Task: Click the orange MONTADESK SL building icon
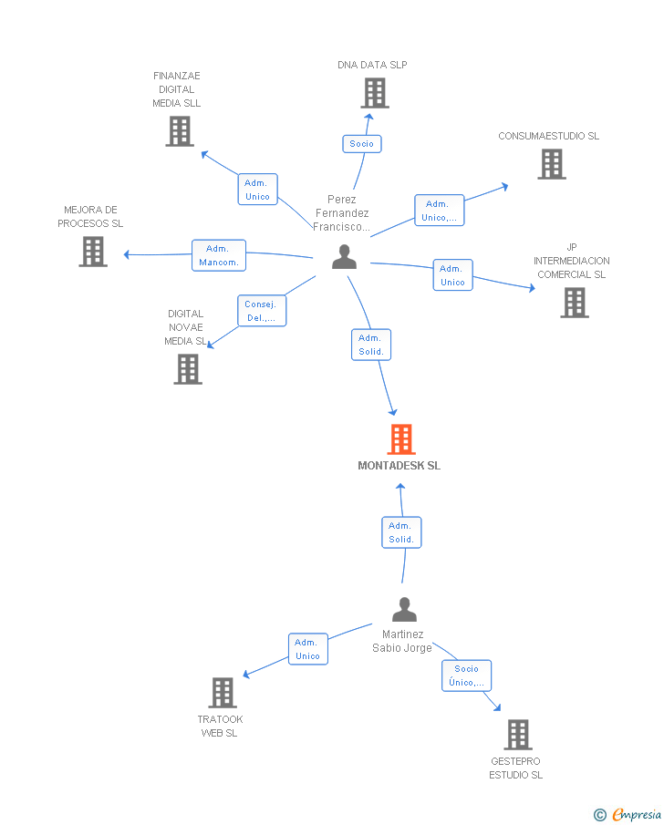click(x=401, y=439)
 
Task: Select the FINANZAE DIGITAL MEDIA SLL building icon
click(x=180, y=131)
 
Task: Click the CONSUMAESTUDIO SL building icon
click(x=552, y=164)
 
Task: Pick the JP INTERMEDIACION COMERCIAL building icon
click(x=575, y=303)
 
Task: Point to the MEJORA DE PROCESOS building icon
click(x=93, y=252)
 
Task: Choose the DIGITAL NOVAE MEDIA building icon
click(x=188, y=369)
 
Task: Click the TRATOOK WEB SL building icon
click(x=223, y=693)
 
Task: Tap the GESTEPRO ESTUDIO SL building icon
click(x=518, y=735)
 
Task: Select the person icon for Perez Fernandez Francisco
click(x=344, y=258)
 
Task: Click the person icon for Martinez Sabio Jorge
click(x=404, y=609)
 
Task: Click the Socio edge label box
click(x=362, y=144)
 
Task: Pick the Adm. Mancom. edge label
click(x=219, y=255)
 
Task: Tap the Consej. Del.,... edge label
click(x=262, y=311)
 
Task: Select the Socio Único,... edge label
click(x=466, y=675)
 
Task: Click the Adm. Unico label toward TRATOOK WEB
click(x=307, y=649)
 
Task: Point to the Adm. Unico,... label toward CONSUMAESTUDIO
click(x=439, y=211)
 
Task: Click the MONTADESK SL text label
click(x=399, y=466)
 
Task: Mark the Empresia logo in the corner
click(x=628, y=814)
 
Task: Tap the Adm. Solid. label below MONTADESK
click(x=401, y=532)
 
